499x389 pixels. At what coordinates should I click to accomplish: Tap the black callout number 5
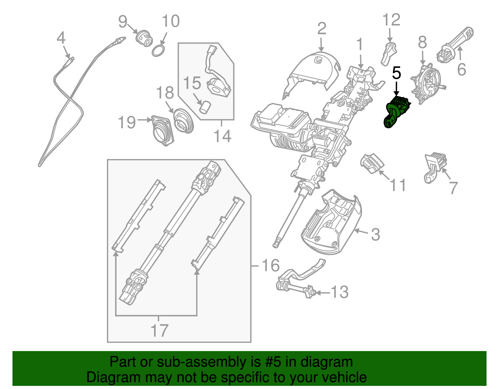tap(396, 73)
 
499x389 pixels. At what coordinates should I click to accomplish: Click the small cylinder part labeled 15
tap(205, 107)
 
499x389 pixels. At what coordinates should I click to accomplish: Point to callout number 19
tap(127, 122)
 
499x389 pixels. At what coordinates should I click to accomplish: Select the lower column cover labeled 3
tap(331, 224)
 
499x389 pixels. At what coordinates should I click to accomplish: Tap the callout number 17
tap(159, 330)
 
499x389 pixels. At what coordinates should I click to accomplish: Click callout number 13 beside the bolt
tap(339, 292)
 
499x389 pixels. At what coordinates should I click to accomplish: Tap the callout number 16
tap(270, 266)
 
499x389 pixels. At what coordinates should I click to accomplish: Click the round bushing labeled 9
tap(144, 38)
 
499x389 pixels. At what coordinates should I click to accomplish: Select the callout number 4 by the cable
tap(61, 38)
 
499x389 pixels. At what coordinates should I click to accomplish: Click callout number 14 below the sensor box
tap(222, 136)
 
